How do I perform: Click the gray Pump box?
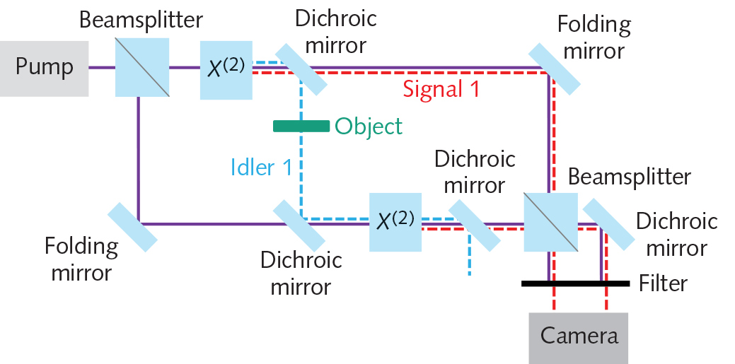point(44,68)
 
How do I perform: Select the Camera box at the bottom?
point(579,336)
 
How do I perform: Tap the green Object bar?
point(301,126)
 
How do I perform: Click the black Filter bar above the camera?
point(574,283)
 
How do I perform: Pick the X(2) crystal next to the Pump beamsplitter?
point(226,69)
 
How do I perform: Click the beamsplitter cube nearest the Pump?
point(143,68)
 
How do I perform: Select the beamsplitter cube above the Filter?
point(550,223)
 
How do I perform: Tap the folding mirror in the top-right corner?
point(554,69)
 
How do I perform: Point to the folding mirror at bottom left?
point(132,226)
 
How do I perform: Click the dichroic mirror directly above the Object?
point(301,69)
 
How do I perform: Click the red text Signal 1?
point(441,90)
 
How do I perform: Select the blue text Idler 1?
point(261,167)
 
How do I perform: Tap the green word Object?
point(369,127)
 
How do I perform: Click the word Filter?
point(663,283)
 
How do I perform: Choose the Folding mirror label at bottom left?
point(81,259)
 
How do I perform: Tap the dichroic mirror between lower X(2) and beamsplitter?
point(474,224)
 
